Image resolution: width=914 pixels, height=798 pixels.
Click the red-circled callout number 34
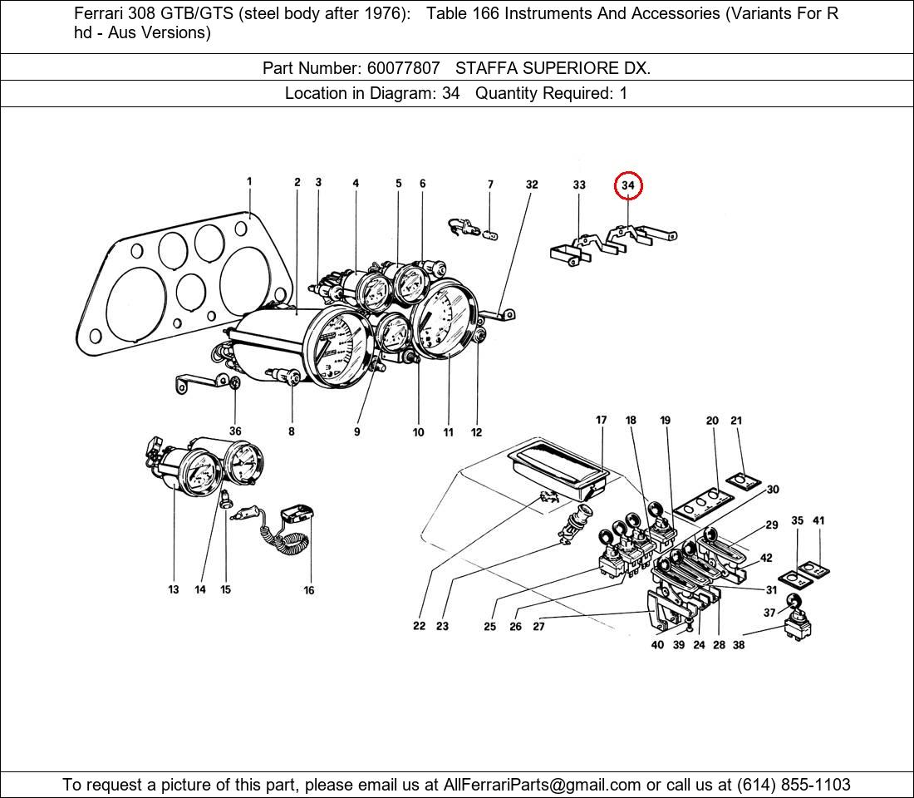pos(628,185)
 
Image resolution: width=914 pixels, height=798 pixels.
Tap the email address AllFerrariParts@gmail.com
pos(543,785)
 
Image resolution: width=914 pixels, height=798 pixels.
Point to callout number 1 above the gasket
pos(249,181)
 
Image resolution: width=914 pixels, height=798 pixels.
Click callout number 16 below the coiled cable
pos(309,590)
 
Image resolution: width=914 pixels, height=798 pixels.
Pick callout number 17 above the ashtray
pos(601,421)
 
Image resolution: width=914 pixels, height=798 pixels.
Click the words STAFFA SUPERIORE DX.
pos(553,68)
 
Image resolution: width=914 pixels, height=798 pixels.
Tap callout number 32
pos(532,185)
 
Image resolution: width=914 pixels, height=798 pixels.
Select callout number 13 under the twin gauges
pos(173,589)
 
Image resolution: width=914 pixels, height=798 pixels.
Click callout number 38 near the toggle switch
pos(738,644)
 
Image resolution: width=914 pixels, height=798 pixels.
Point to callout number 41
pos(818,521)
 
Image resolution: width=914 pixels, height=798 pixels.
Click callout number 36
pos(235,431)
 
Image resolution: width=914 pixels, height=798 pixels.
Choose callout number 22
pos(419,626)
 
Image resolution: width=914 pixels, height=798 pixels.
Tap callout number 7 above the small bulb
pos(490,185)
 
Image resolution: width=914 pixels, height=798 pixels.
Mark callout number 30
pos(773,490)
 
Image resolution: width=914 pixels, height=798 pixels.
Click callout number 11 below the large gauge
pos(448,432)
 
